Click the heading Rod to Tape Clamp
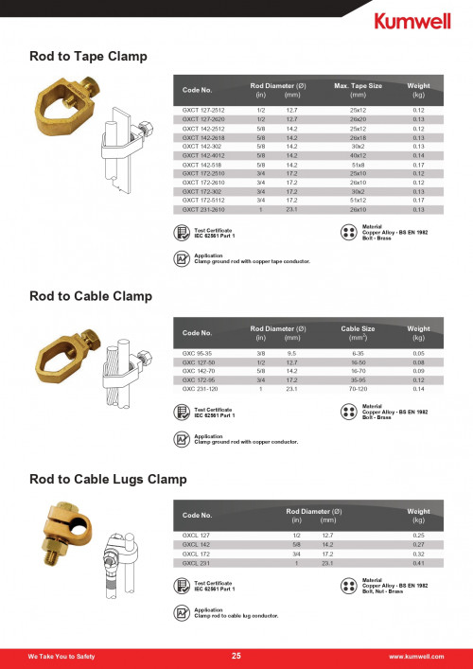(88, 57)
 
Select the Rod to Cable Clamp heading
(90, 296)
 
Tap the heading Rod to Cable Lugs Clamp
(108, 480)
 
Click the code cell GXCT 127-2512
(203, 111)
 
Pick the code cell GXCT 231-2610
(203, 209)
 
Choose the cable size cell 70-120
(358, 388)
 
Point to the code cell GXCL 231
(195, 563)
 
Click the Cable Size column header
(358, 329)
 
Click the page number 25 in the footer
(236, 656)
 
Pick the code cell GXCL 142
(195, 545)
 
